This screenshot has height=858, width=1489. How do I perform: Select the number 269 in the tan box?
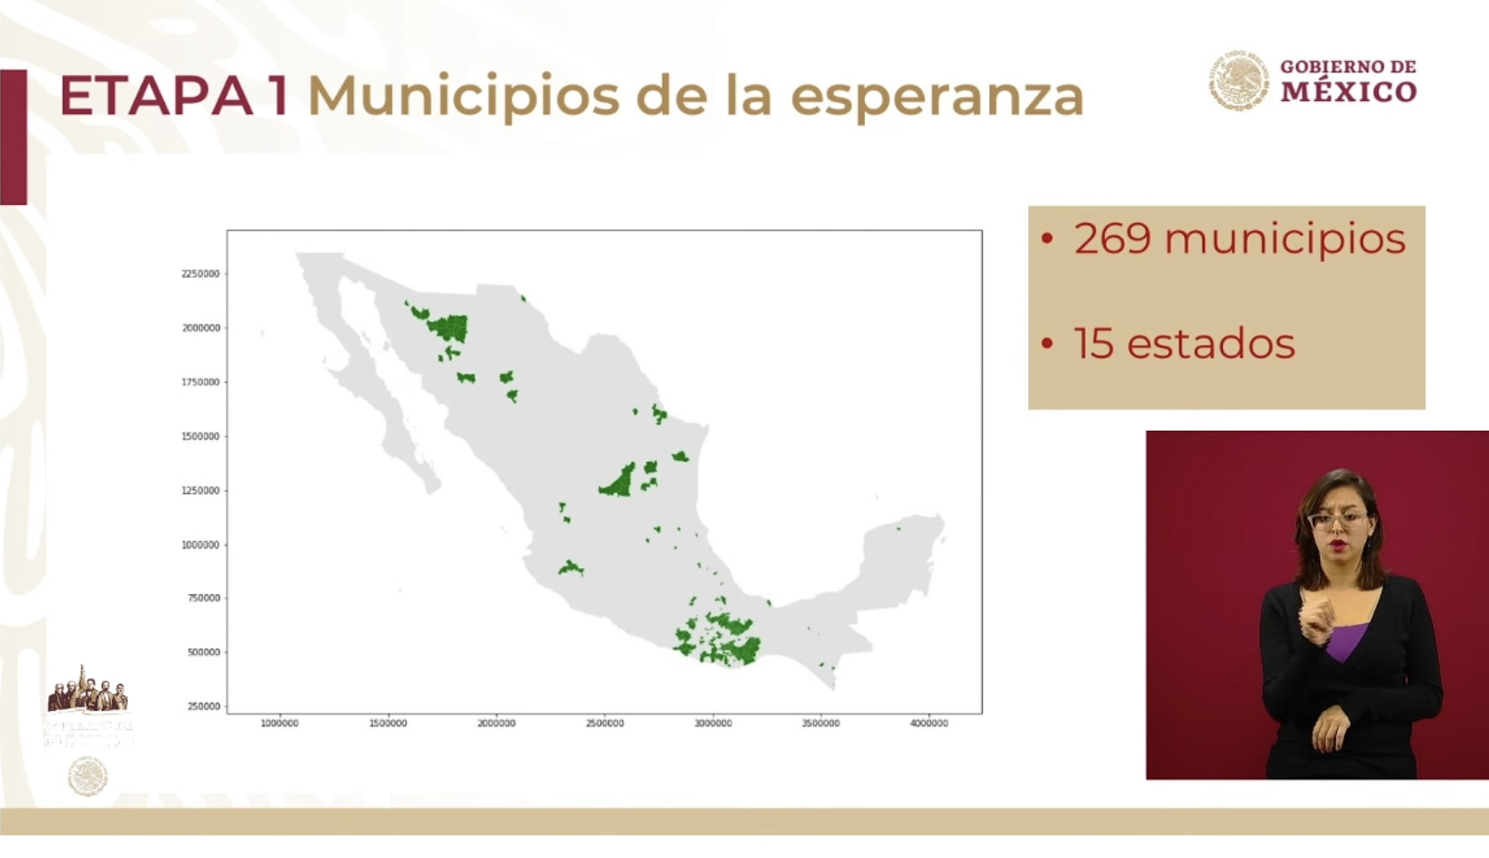pos(1113,239)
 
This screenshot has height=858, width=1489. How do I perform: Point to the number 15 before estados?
pos(1093,344)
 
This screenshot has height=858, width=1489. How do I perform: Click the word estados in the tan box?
pos(1211,344)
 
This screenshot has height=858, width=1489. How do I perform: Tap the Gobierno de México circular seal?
pos(1238,81)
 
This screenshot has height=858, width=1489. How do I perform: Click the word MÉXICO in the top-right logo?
pos(1349,92)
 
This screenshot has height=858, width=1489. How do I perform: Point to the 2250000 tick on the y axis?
pos(200,274)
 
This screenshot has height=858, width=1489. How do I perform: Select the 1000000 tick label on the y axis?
pos(200,545)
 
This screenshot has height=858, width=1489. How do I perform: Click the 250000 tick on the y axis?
pos(204,707)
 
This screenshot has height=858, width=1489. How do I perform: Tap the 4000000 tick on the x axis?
pos(928,724)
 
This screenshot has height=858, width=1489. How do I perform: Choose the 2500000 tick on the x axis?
pos(605,724)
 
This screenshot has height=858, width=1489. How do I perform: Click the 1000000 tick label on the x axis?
pos(279,724)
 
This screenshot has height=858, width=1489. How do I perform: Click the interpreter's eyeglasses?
pos(1336,520)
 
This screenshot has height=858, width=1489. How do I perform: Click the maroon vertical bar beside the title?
pos(13,136)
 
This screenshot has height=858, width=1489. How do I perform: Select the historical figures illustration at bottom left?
pos(88,691)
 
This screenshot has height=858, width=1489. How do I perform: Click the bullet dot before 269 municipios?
pos(1048,239)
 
